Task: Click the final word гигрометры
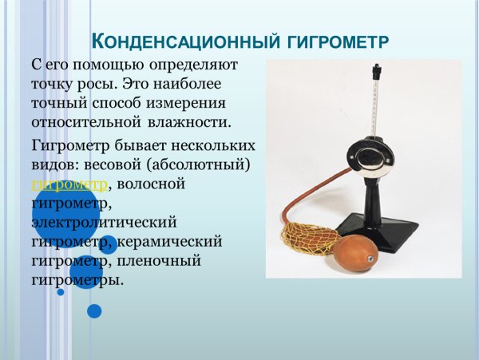pos(77,280)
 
